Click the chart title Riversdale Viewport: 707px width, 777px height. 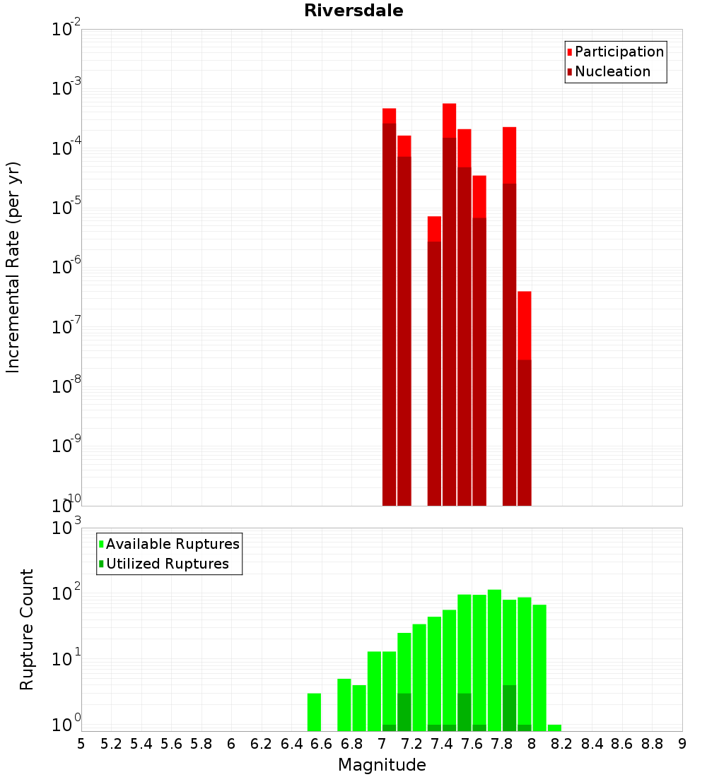point(353,11)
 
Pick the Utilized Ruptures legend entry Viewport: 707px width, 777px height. point(166,564)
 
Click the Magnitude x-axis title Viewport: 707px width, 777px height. point(382,765)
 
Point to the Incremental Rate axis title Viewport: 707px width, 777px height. point(13,267)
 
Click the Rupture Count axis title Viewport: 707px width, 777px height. point(27,629)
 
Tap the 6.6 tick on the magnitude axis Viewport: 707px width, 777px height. point(322,743)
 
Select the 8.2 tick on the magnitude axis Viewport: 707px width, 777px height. point(562,743)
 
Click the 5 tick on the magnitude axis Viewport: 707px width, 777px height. point(81,743)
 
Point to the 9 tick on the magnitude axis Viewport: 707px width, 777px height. point(682,743)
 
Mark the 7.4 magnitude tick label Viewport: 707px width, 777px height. point(442,743)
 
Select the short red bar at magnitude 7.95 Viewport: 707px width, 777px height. point(524,396)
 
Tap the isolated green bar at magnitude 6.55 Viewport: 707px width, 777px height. point(314,712)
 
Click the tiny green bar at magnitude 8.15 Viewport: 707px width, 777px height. point(554,728)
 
